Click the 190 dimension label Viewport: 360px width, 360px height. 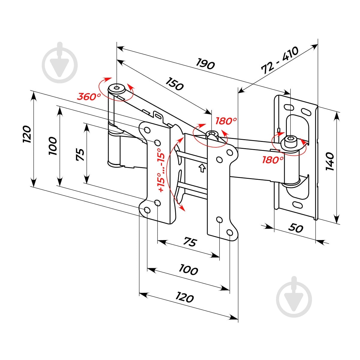click(205, 64)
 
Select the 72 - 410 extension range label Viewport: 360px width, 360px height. click(280, 60)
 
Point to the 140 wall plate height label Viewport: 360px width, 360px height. click(329, 161)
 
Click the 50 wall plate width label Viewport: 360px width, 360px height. click(295, 228)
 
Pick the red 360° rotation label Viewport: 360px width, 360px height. click(89, 97)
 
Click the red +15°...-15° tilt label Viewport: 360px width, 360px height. click(161, 170)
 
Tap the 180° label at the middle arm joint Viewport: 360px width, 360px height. click(226, 121)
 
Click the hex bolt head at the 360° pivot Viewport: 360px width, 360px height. click(117, 88)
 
